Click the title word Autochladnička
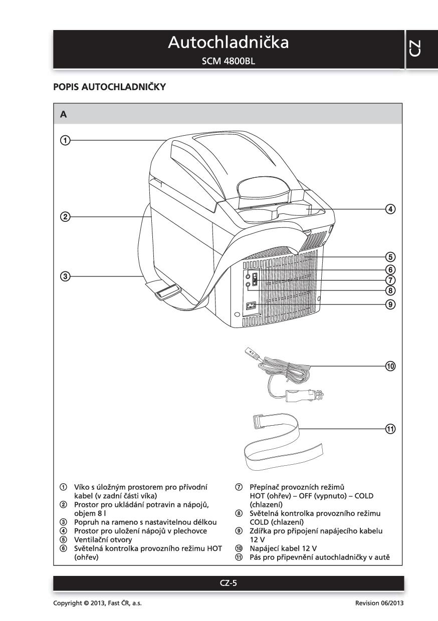click(x=228, y=43)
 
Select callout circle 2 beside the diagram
click(x=64, y=217)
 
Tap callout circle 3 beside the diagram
click(x=64, y=275)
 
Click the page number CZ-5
click(x=228, y=583)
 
